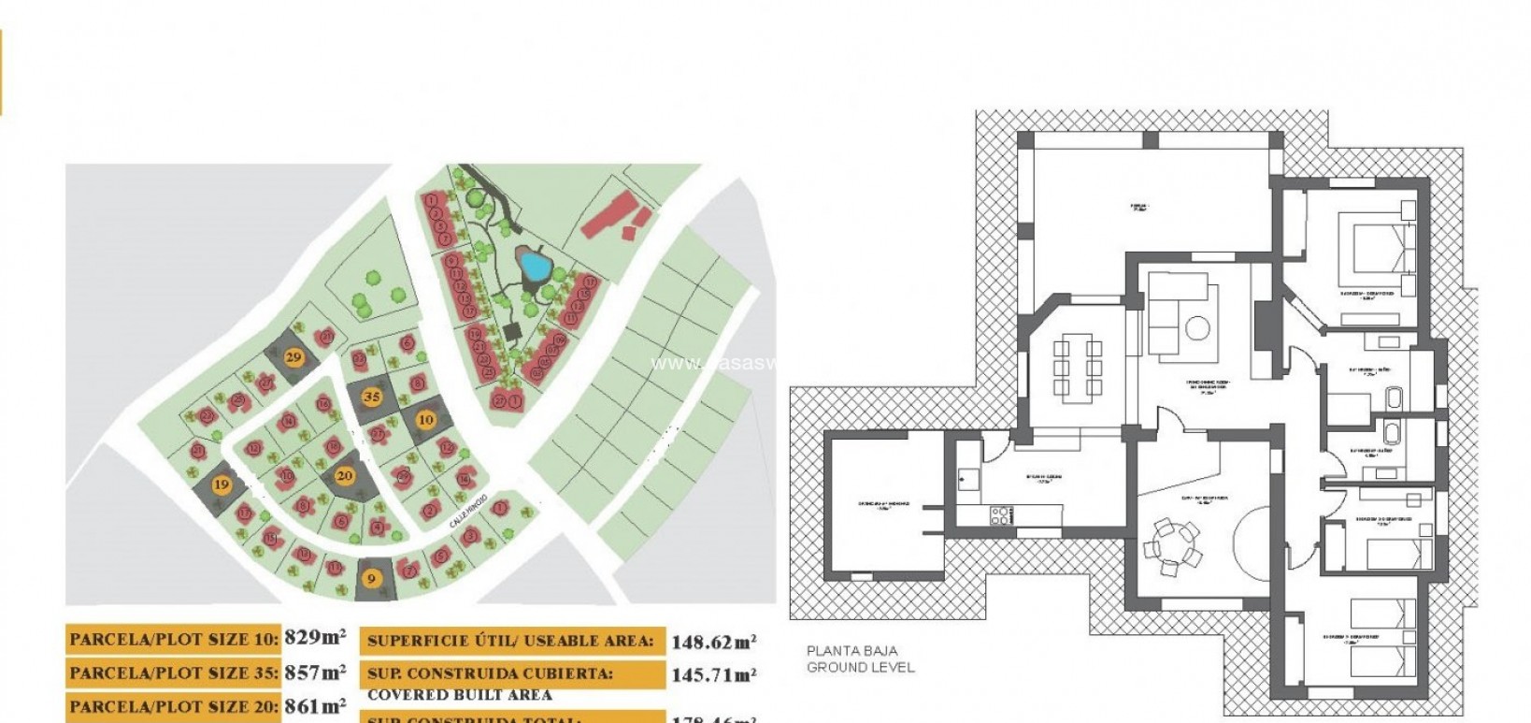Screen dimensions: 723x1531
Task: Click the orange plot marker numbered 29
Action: tap(293, 356)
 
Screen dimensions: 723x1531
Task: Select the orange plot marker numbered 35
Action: tap(372, 397)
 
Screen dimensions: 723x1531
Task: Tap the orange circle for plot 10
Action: tap(425, 420)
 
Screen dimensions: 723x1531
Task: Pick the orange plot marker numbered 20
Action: tap(345, 475)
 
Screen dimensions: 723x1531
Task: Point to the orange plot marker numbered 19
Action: tap(222, 484)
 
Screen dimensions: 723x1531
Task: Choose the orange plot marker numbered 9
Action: tap(371, 578)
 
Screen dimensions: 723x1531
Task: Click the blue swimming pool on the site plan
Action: tap(534, 267)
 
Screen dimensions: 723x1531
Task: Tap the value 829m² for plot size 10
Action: tap(315, 639)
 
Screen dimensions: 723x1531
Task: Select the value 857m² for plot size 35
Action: tap(315, 672)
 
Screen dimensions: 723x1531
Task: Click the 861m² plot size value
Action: tap(315, 706)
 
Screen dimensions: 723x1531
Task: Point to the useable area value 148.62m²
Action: tap(713, 642)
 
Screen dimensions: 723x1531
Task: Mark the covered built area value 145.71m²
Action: tap(713, 674)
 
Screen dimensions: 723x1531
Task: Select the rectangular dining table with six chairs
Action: tap(1077, 368)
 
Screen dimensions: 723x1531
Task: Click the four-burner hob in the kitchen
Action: tap(1001, 515)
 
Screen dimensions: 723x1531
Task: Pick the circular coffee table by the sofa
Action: tap(1198, 329)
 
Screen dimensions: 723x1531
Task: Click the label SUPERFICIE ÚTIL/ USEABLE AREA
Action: tap(509, 641)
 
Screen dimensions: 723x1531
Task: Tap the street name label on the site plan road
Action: tap(469, 511)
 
